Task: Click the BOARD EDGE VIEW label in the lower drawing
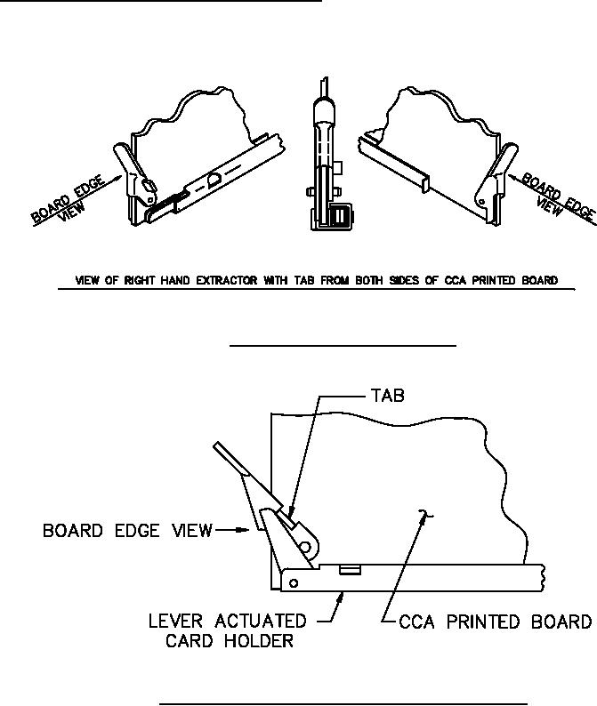point(127,531)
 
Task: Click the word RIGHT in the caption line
point(139,281)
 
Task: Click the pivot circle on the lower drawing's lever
point(303,548)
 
